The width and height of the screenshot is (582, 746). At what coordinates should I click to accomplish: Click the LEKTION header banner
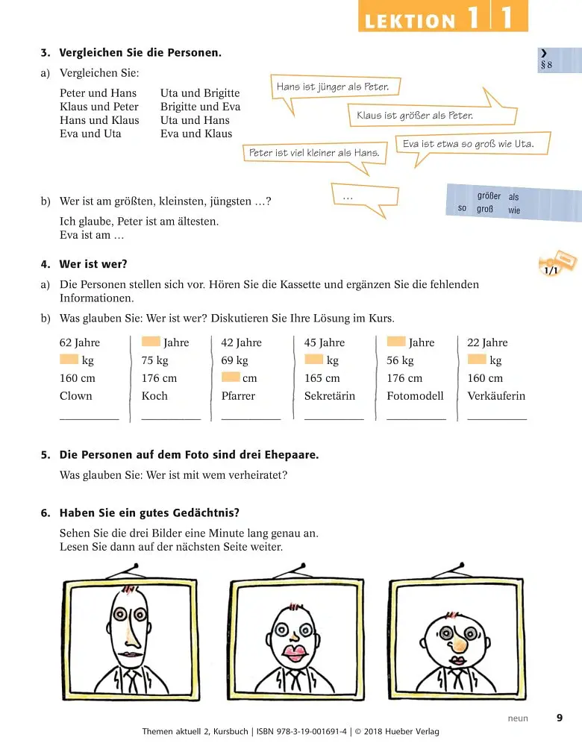tap(443, 16)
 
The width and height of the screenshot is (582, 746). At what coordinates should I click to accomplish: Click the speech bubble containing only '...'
tap(365, 196)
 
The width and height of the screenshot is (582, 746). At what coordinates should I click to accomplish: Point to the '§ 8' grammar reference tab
tap(559, 60)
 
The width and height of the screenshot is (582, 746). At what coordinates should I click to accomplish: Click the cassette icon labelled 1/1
tap(557, 263)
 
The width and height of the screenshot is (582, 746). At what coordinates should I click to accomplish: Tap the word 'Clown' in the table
tap(75, 396)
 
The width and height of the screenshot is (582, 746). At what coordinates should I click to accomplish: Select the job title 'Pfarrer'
tap(238, 396)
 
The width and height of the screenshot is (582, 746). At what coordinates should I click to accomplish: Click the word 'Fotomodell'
tap(415, 396)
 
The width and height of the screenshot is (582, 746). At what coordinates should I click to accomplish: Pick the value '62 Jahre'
tap(80, 342)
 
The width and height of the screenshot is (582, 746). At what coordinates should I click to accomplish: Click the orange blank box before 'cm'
tap(231, 377)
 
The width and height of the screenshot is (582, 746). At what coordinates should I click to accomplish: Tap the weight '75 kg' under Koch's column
tap(154, 360)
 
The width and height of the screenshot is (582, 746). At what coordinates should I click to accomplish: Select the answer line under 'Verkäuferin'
tap(497, 419)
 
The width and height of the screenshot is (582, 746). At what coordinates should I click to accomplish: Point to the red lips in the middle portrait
tap(295, 653)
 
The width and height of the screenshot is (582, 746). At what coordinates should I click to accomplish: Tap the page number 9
tap(560, 718)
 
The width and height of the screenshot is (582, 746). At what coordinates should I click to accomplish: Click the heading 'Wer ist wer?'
tap(93, 264)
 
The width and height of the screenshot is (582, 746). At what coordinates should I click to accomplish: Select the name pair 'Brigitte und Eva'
tap(201, 107)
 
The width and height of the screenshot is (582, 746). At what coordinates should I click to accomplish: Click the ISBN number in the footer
tap(301, 732)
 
